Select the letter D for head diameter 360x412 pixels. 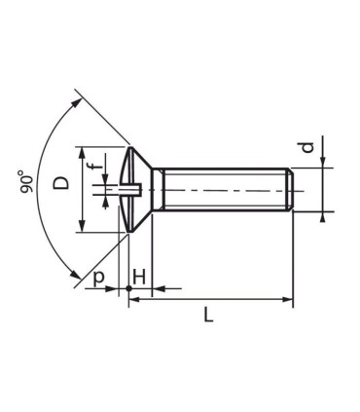[x=59, y=182]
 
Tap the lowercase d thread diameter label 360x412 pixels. [x=306, y=147]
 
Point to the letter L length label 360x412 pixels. [x=209, y=314]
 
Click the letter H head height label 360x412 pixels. [x=138, y=278]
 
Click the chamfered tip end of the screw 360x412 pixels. [x=290, y=190]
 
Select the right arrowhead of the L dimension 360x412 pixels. [x=288, y=300]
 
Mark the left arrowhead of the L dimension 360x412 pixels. [x=133, y=300]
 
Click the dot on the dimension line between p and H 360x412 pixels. [x=128, y=289]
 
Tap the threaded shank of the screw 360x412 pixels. [x=224, y=190]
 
